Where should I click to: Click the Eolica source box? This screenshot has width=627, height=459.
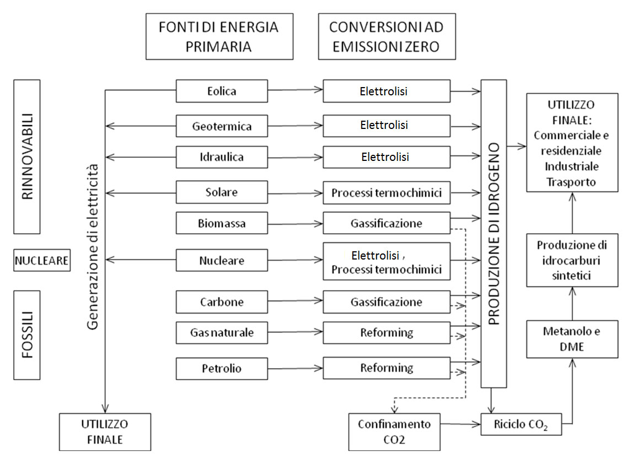pos(222,91)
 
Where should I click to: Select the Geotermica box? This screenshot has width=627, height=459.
pos(222,126)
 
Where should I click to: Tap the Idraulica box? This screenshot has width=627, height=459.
pos(222,157)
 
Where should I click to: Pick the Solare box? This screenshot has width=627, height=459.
pos(222,192)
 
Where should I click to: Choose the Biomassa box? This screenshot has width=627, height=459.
pos(222,223)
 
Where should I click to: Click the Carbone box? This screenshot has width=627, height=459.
pos(222,302)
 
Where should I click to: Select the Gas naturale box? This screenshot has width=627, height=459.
pos(222,333)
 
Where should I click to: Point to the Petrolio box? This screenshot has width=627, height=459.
pos(222,368)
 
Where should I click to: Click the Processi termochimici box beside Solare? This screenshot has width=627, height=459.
pos(387,193)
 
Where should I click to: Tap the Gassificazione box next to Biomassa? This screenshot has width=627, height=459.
pos(387,223)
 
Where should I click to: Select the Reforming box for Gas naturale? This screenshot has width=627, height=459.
pos(387,333)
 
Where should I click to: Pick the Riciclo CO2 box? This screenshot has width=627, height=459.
pos(521,425)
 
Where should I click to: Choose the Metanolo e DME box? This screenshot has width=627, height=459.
pos(571,339)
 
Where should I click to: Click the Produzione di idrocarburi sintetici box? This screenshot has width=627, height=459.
pos(571,260)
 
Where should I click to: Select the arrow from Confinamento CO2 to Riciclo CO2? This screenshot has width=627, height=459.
pos(460,425)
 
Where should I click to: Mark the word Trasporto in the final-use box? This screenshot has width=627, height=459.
pos(571,181)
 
